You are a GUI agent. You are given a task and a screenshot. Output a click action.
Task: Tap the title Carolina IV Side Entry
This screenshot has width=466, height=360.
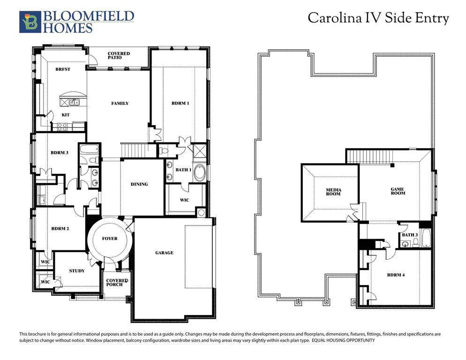[x=378, y=18]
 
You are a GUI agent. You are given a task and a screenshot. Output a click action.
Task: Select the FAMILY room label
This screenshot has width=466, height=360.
[x=120, y=104]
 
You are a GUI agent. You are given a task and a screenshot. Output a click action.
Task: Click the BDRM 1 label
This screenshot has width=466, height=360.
[x=180, y=104]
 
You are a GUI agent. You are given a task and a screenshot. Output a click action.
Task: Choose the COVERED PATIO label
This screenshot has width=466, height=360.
[x=119, y=55]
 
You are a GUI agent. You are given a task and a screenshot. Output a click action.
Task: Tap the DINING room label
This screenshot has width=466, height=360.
[x=139, y=184]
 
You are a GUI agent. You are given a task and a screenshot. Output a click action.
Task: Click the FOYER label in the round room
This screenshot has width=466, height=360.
[x=110, y=239]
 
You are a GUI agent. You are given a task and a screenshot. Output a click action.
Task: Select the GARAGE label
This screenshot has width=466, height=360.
[x=164, y=253]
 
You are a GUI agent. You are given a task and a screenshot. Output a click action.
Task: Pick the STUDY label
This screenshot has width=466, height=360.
[x=77, y=271]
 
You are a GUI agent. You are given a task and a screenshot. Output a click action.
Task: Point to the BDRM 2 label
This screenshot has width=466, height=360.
[x=60, y=229]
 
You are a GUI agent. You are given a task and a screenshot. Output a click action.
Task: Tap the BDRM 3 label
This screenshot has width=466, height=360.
[x=60, y=153]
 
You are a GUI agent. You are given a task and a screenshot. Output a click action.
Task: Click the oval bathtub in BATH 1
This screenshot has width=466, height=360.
[x=199, y=172]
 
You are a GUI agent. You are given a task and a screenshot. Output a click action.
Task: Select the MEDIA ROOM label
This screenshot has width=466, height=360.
[x=334, y=192]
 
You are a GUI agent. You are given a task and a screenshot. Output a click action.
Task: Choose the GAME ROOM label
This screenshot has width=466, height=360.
[x=397, y=191]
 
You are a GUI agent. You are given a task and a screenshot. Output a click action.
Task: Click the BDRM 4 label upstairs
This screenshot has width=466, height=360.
[x=396, y=275]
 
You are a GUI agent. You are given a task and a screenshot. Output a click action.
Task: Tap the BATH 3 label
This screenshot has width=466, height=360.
[x=409, y=235]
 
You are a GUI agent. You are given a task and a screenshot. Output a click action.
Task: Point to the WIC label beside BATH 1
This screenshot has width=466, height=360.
[x=184, y=200]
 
